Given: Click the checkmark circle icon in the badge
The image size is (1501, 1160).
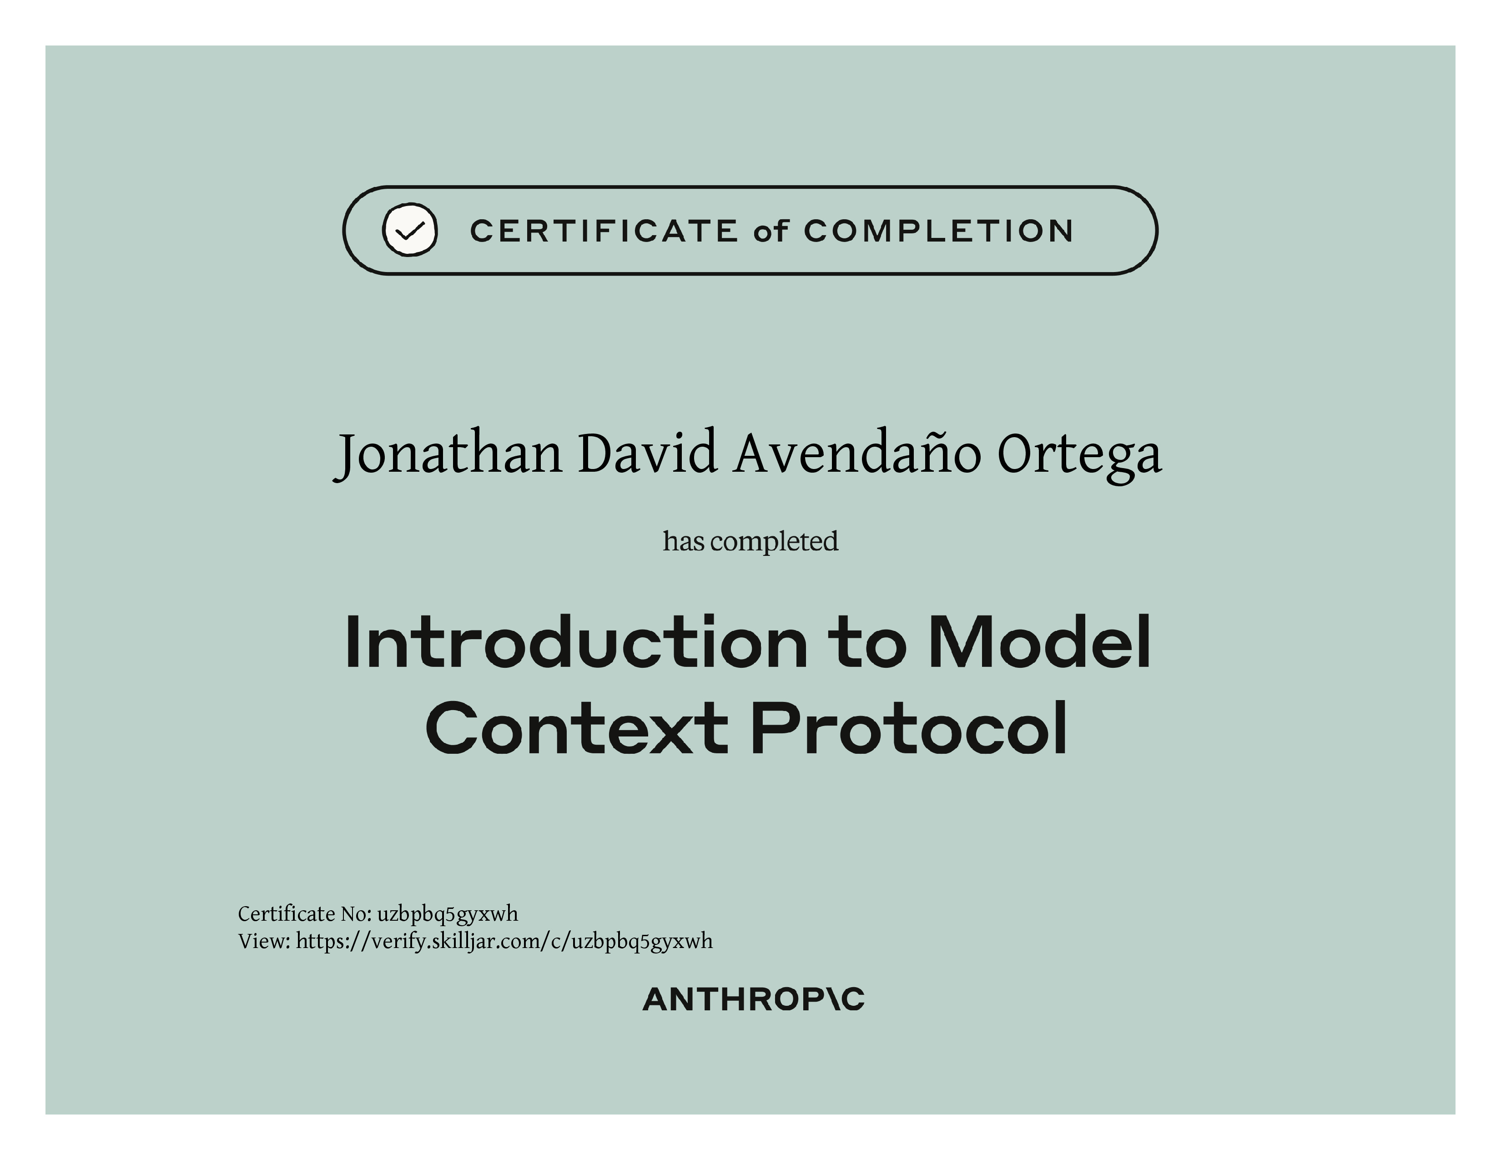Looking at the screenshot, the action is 410,230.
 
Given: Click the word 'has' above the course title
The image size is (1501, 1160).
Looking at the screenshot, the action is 683,541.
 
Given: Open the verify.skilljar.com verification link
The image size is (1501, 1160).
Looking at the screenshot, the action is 504,942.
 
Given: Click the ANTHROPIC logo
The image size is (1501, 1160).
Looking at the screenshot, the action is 753,1000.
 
